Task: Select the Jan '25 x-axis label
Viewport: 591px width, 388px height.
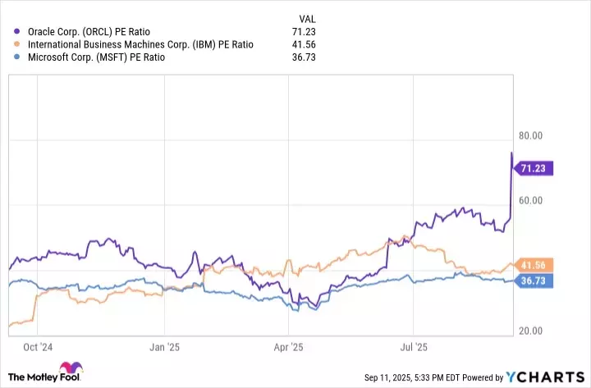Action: (x=164, y=347)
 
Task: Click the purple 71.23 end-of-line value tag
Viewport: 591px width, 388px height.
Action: (x=534, y=168)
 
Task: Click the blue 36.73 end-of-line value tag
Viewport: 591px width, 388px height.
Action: (x=534, y=281)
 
